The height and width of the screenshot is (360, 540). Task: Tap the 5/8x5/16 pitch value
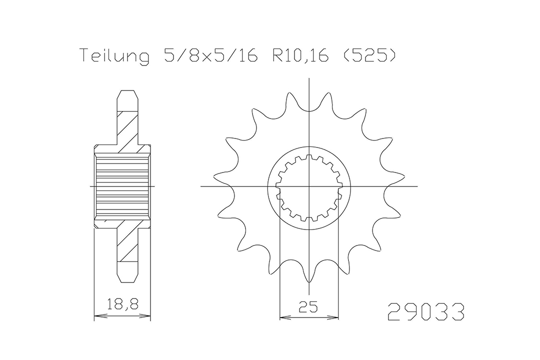tap(211, 55)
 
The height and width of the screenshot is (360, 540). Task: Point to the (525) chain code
tap(368, 55)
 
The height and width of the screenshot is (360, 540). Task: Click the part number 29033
tap(426, 312)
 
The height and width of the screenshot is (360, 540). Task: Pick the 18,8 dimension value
tap(122, 304)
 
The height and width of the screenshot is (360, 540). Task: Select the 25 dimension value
tap(308, 306)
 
